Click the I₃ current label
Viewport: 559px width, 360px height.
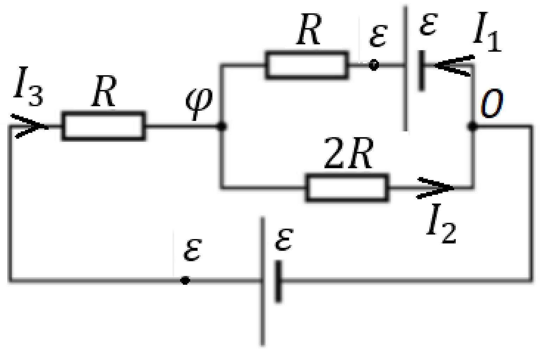click(28, 86)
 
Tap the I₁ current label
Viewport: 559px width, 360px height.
click(487, 32)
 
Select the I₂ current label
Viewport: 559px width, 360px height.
click(441, 224)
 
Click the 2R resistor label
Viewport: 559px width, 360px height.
click(348, 153)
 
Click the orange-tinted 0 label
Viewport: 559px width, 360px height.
click(491, 103)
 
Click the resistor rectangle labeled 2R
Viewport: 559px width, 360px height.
click(347, 188)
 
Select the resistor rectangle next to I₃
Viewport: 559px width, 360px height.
click(104, 126)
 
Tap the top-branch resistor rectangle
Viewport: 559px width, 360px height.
click(307, 65)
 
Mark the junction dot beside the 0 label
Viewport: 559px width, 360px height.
click(472, 126)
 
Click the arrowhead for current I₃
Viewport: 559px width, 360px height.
click(30, 126)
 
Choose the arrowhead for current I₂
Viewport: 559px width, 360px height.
click(435, 188)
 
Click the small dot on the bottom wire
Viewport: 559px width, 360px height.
click(185, 281)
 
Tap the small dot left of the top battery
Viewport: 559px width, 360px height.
click(374, 65)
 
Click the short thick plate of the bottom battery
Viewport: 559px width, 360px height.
click(278, 281)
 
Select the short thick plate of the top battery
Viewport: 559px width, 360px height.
click(422, 71)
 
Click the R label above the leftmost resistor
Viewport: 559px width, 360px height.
click(104, 91)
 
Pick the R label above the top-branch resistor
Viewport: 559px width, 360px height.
click(309, 29)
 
